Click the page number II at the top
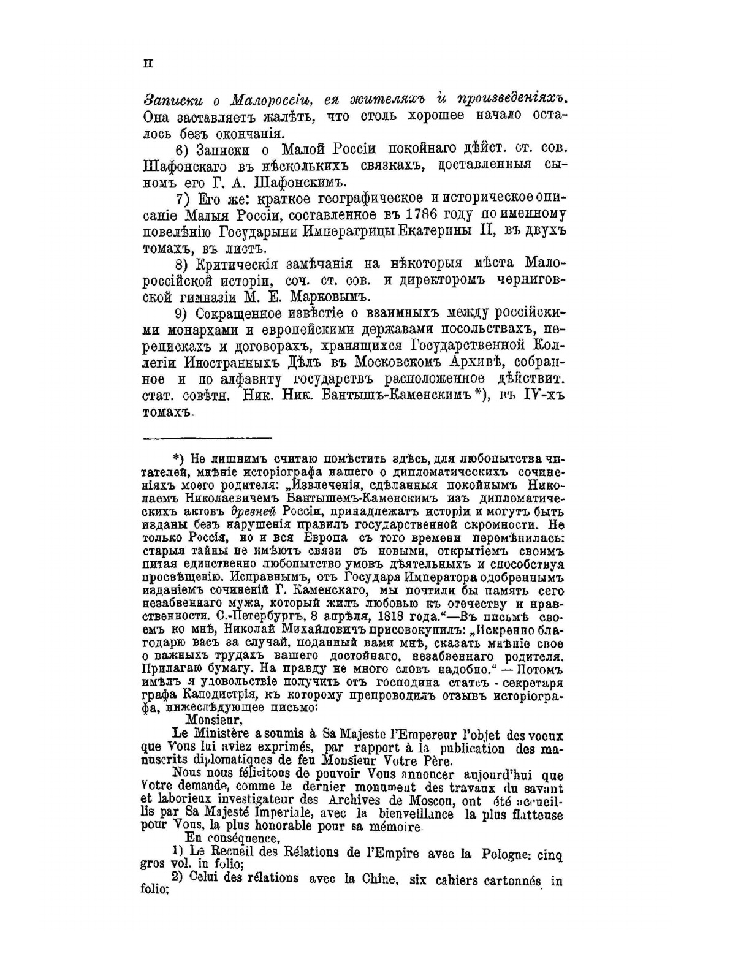coord(148,62)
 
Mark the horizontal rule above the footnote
coord(207,438)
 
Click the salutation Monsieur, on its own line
coord(208,720)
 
